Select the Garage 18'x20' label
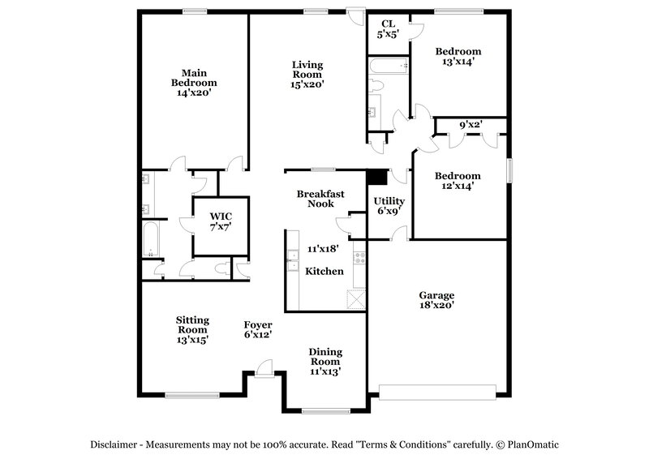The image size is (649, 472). [x=436, y=300]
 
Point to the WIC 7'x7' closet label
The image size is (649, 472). [x=221, y=221]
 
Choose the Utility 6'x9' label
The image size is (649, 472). [x=389, y=206]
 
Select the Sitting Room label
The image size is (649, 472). [x=192, y=329]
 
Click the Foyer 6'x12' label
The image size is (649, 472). [x=258, y=329]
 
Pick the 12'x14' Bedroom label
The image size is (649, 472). [x=457, y=181]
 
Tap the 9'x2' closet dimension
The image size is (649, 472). [x=472, y=126]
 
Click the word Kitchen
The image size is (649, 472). [x=324, y=271]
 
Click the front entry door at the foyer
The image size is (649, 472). [x=264, y=371]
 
